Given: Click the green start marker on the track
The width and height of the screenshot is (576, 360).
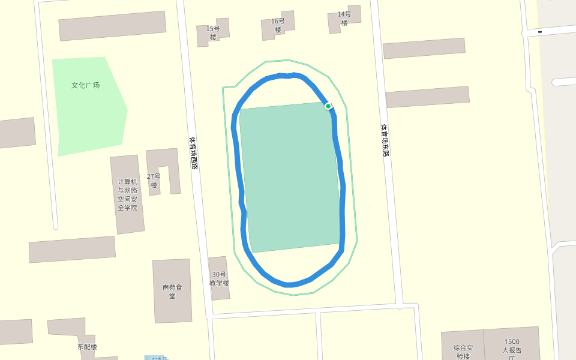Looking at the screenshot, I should (328, 106).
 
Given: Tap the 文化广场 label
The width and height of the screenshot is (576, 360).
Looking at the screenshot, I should (85, 85).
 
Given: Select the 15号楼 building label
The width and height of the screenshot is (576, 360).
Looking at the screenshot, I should (213, 33).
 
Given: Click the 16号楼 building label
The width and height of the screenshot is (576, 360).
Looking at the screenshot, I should (278, 26).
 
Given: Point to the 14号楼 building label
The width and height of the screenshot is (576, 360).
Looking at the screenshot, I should (344, 19).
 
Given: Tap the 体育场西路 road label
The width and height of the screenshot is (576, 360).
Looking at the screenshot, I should (193, 152).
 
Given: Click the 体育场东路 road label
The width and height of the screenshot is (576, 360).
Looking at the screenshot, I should (385, 140).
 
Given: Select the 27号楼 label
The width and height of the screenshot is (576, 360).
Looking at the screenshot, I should (154, 181).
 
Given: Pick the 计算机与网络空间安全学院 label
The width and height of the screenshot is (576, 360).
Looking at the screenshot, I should (127, 194).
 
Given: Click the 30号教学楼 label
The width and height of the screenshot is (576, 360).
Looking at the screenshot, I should (219, 278).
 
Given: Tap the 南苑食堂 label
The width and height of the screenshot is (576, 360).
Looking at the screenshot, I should (172, 291).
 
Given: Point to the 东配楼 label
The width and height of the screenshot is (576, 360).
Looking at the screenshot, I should (87, 347).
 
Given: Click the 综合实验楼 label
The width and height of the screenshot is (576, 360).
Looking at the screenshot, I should (463, 351).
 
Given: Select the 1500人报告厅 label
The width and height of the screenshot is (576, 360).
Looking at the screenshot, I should (512, 347).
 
